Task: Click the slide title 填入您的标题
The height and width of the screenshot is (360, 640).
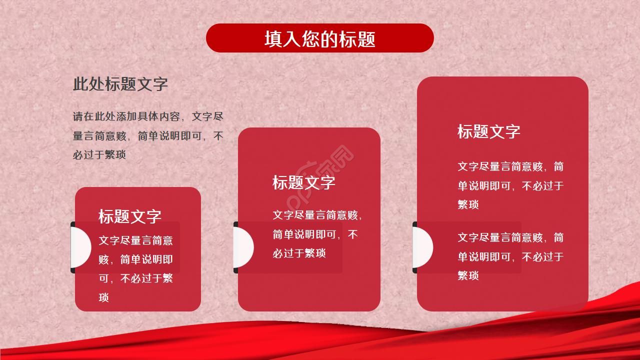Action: click(x=320, y=39)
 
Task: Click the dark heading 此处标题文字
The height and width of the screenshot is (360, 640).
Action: click(x=120, y=84)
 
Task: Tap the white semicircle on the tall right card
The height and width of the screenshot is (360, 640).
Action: click(x=423, y=247)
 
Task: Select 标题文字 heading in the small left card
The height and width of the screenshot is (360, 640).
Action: click(x=129, y=216)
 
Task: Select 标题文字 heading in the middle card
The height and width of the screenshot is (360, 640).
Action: click(x=303, y=182)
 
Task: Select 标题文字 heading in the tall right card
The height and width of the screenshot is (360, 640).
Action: click(x=488, y=131)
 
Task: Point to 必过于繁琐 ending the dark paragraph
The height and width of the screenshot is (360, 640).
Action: click(x=99, y=154)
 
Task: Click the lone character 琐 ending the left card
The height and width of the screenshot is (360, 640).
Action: click(x=103, y=297)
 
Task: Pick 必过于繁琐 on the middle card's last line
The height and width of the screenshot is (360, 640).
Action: click(x=299, y=253)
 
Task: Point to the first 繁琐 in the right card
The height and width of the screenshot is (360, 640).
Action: click(x=468, y=204)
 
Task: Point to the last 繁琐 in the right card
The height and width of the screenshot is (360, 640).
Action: click(x=468, y=275)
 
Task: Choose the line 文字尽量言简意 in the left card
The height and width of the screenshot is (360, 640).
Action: click(x=135, y=240)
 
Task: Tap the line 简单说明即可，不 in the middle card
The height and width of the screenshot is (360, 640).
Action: click(x=315, y=234)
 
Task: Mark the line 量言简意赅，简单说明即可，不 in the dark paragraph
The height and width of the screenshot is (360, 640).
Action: click(x=148, y=136)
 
